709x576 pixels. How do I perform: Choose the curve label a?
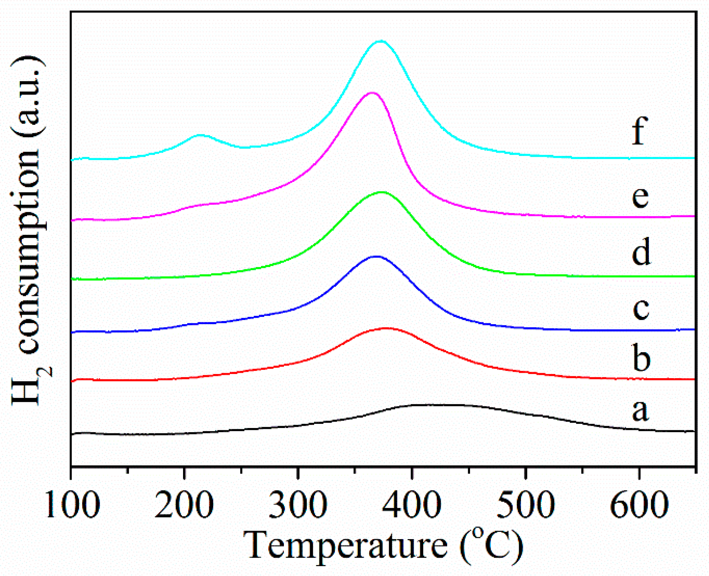coord(640,411)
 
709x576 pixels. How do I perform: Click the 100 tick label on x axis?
coord(72,505)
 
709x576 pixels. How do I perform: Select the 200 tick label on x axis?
coord(184,505)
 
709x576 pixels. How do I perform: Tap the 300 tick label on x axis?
coord(298,505)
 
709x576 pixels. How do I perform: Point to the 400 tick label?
coord(412,505)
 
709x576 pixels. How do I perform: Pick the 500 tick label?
coord(525,505)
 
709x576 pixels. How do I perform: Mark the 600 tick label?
coord(639,505)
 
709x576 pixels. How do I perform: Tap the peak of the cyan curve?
coord(381,41)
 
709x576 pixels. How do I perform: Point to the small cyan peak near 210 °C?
coord(199,135)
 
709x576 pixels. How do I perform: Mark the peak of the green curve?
coord(381,192)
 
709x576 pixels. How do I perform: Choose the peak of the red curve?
coord(386,328)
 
